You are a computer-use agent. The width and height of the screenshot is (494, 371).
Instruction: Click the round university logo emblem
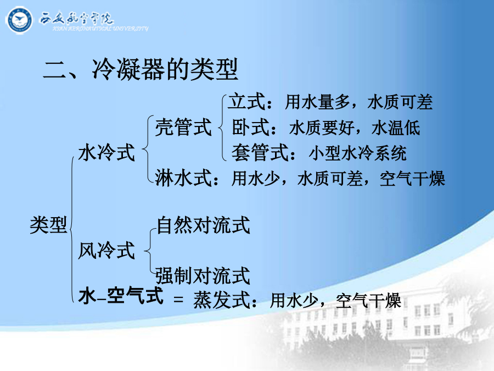point(19,20)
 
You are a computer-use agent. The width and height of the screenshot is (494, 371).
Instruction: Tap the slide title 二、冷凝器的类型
point(140,69)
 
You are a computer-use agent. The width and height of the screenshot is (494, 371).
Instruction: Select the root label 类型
point(48,225)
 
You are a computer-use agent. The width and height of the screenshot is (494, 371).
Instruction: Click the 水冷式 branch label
point(106,152)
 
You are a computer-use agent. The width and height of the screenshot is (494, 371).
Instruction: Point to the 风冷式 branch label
point(106,251)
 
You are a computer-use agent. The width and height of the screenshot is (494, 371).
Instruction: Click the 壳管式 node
point(183,127)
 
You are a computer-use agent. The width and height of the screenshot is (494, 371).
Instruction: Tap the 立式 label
point(246,102)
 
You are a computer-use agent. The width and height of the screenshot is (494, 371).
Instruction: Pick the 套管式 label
point(260,153)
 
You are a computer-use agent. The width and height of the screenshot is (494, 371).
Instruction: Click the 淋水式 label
point(183,178)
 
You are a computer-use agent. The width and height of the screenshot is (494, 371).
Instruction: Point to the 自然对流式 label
point(203,225)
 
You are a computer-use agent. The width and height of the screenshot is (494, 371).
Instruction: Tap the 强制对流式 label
point(203,276)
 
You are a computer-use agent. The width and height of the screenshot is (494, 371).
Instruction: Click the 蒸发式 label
point(222,300)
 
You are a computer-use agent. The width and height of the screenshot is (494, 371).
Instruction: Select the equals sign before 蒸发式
point(178,299)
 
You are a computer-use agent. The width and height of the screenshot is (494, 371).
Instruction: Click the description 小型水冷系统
point(357,153)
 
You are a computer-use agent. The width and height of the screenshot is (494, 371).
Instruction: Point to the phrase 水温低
point(396,128)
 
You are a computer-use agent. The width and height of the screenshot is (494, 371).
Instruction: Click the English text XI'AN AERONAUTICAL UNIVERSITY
point(100,29)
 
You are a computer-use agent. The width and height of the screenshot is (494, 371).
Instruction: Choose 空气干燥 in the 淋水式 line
point(412,179)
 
